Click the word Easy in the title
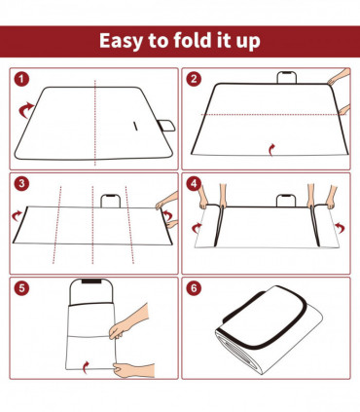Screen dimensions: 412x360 coord(124,42)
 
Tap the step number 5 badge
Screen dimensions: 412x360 coord(22,288)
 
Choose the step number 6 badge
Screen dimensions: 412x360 coord(195,288)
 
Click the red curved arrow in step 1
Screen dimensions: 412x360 coord(25,113)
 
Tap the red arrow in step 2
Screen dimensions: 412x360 coord(271,147)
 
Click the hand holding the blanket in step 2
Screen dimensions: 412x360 coord(338,80)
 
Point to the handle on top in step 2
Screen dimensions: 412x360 coord(287,78)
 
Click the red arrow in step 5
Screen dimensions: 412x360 coord(89,365)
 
